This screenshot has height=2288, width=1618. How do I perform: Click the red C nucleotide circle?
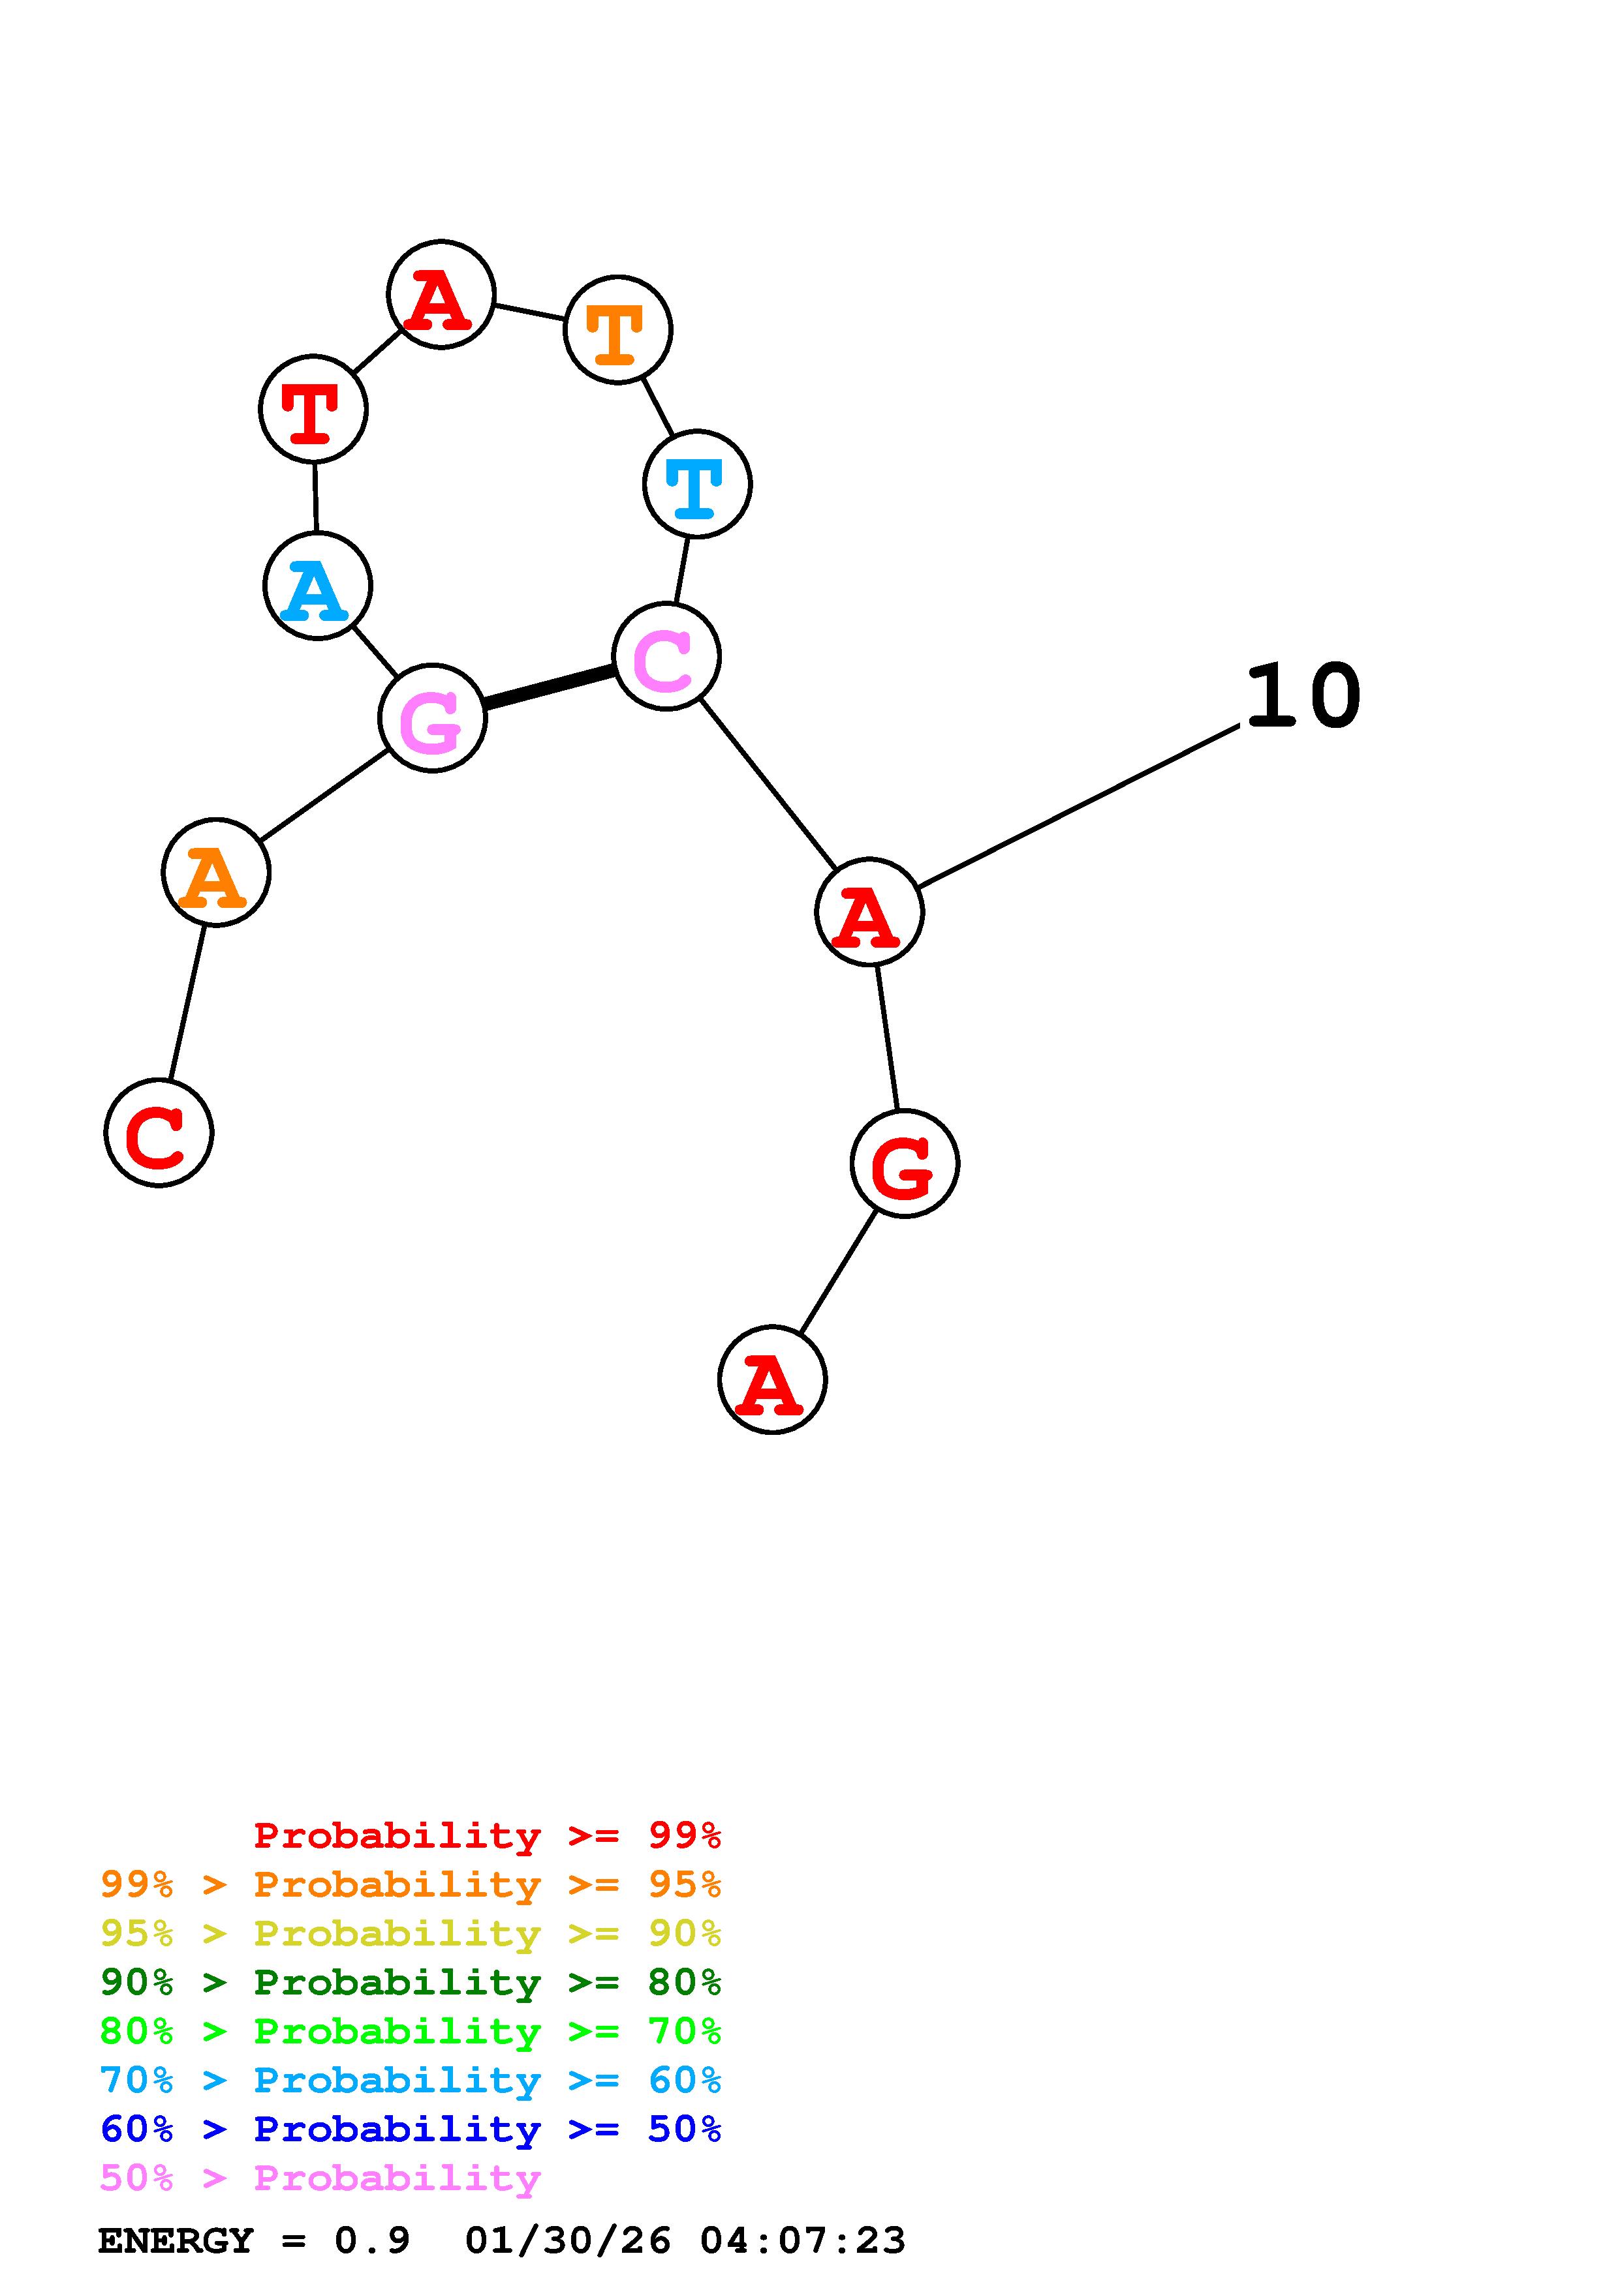[x=159, y=1133]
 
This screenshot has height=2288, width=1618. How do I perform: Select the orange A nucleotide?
[x=215, y=872]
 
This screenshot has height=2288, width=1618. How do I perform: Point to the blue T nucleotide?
[x=697, y=485]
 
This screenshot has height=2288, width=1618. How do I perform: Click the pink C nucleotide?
[x=666, y=657]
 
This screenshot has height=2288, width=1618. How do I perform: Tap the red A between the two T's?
[x=441, y=295]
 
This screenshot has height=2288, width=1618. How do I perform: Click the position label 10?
[x=1302, y=697]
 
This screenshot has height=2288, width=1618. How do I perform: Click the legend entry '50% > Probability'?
[x=320, y=2178]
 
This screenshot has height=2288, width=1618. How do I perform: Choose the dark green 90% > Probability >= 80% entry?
[x=410, y=1982]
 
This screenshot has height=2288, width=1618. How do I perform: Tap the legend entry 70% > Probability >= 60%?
[x=410, y=2081]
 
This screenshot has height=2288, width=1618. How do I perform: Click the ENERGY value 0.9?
[x=372, y=2240]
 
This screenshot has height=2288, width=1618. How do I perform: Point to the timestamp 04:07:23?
[x=803, y=2240]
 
